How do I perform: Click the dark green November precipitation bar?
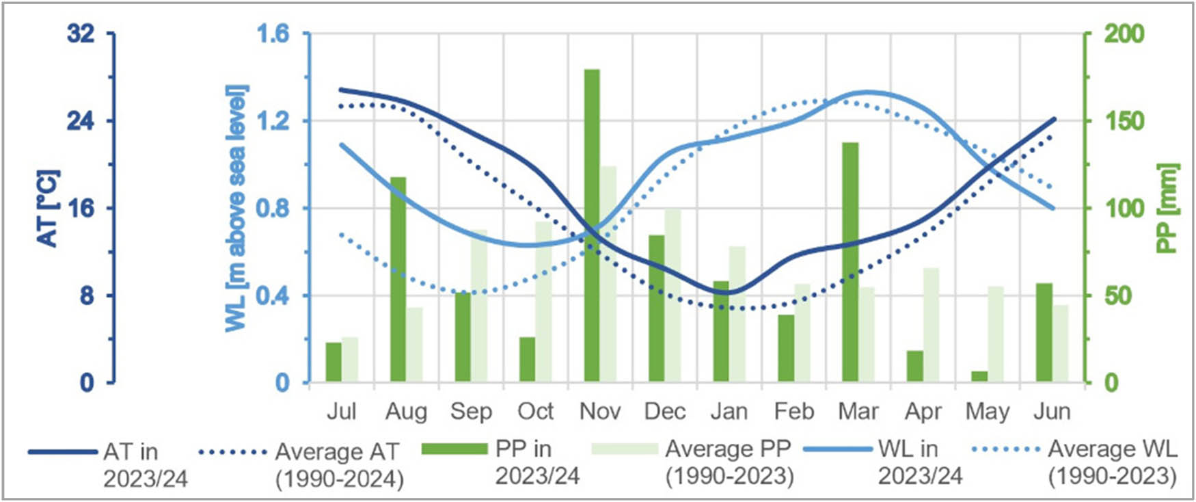[x=592, y=226]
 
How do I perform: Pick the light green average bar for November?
[x=608, y=274]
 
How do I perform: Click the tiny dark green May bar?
[x=979, y=376]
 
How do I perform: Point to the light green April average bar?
[x=931, y=325]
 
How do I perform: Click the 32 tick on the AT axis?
[x=81, y=33]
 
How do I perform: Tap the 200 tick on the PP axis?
[x=1124, y=33]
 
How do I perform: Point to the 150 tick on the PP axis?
[x=1124, y=120]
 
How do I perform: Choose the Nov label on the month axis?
[x=599, y=412]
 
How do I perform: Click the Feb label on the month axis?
[x=793, y=412]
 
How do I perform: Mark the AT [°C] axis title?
[x=48, y=208]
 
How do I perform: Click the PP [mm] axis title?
[x=1169, y=208]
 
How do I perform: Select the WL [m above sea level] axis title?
[x=236, y=208]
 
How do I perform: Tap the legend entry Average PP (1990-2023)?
[x=729, y=462]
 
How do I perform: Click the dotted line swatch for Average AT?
[x=232, y=452]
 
